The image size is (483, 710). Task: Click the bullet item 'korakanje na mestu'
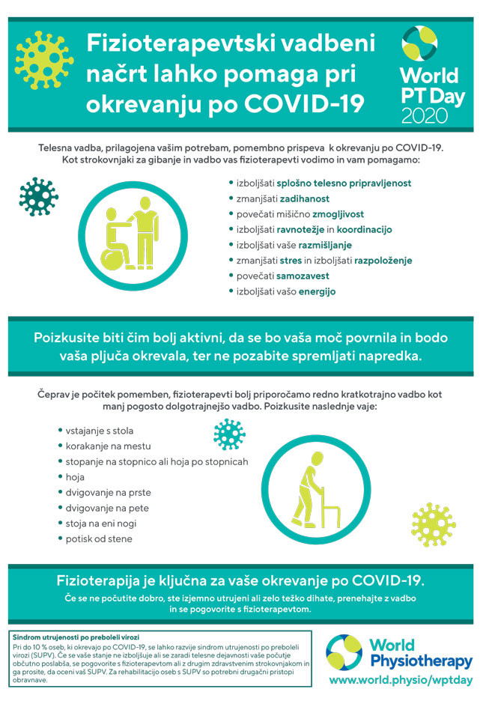(109, 446)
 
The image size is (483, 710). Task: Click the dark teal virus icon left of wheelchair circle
(38, 197)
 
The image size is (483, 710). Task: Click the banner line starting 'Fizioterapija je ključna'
(241, 580)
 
